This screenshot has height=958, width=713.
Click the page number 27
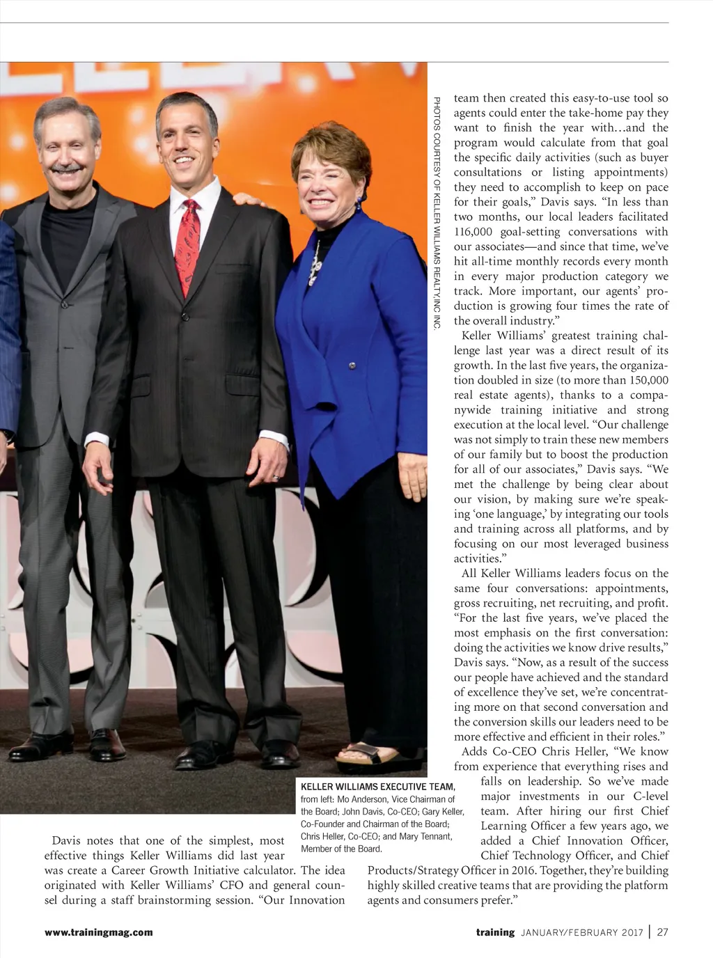[662, 932]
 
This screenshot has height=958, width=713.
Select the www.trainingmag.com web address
[98, 932]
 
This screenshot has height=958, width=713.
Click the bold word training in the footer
[495, 932]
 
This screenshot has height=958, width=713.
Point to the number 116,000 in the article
[477, 232]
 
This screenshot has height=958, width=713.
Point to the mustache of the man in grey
[65, 168]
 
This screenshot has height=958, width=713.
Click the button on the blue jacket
[352, 365]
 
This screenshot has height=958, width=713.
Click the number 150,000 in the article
[649, 380]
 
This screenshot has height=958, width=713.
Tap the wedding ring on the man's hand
[275, 478]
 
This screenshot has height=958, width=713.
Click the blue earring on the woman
[359, 204]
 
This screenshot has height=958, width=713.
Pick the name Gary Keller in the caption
[443, 812]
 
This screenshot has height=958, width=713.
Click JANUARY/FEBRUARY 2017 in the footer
[581, 932]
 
